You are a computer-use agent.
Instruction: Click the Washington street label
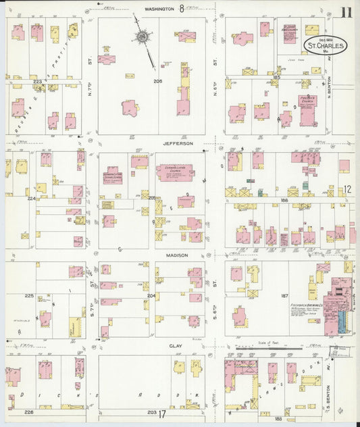pos(159,9)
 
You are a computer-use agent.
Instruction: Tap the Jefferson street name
pos(178,143)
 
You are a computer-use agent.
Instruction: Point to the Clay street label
pos(177,345)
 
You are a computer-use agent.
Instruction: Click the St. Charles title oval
pos(325,46)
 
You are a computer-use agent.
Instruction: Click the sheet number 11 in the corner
pos(346,12)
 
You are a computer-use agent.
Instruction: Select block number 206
pos(139,81)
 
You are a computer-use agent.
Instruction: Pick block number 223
pos(38,82)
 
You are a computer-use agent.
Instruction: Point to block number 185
pos(276,78)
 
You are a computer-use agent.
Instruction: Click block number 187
pos(284,296)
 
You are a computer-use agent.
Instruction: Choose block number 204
pos(151,296)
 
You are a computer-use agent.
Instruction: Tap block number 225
pos(29,296)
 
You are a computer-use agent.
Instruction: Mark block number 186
pos(284,201)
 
